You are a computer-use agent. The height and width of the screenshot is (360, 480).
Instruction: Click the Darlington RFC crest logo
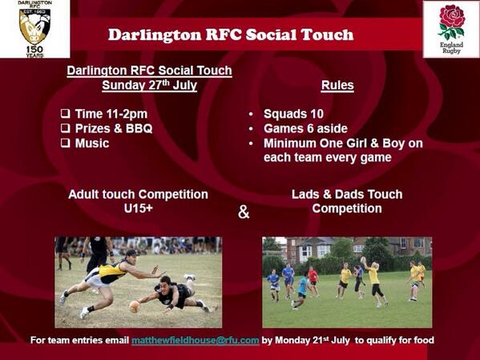(34, 23)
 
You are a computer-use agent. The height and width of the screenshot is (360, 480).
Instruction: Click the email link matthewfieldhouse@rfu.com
(195, 341)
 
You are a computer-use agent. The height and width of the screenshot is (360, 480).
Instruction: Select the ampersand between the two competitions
(244, 212)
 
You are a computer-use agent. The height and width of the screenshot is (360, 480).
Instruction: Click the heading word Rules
(337, 86)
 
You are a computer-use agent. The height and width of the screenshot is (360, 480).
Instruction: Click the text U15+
(139, 208)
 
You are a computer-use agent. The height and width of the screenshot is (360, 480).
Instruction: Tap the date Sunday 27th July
(149, 85)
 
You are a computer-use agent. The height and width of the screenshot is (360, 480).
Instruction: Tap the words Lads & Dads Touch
(345, 195)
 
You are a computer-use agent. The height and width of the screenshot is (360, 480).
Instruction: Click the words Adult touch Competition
(138, 195)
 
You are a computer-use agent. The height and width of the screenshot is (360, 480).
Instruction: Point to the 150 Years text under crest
(34, 49)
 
